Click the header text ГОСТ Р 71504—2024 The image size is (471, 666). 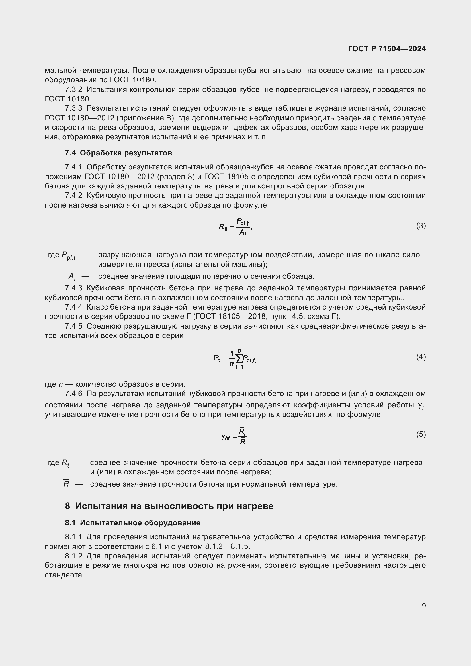[387, 49]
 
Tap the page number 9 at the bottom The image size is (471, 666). [424, 606]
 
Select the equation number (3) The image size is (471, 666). [421, 226]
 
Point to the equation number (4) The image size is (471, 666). [421, 357]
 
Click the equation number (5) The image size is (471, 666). [421, 434]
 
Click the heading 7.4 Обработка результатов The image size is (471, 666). [118, 153]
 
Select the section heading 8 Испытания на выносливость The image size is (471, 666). [169, 506]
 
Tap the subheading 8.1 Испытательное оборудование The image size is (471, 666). [132, 523]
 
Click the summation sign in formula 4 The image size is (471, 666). [239, 359]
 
